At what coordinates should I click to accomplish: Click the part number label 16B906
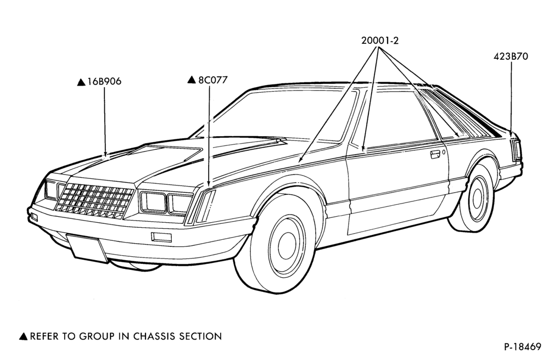coord(104,82)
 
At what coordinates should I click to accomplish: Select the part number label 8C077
coord(213,80)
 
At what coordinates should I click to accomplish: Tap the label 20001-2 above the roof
coord(380,41)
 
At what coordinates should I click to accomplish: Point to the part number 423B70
coord(511,57)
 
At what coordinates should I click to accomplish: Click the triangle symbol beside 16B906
coord(81,82)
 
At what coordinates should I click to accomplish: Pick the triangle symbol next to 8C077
coord(192,80)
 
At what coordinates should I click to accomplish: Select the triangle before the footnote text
coord(23,336)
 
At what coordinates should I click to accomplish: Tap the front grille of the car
coord(95,201)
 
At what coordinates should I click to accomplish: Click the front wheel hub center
coord(287,241)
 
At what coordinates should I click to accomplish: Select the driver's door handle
coord(435,154)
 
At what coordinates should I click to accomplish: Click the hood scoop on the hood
coord(165,153)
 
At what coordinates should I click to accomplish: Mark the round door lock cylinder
coord(444,152)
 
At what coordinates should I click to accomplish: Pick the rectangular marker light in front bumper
coord(161,237)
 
